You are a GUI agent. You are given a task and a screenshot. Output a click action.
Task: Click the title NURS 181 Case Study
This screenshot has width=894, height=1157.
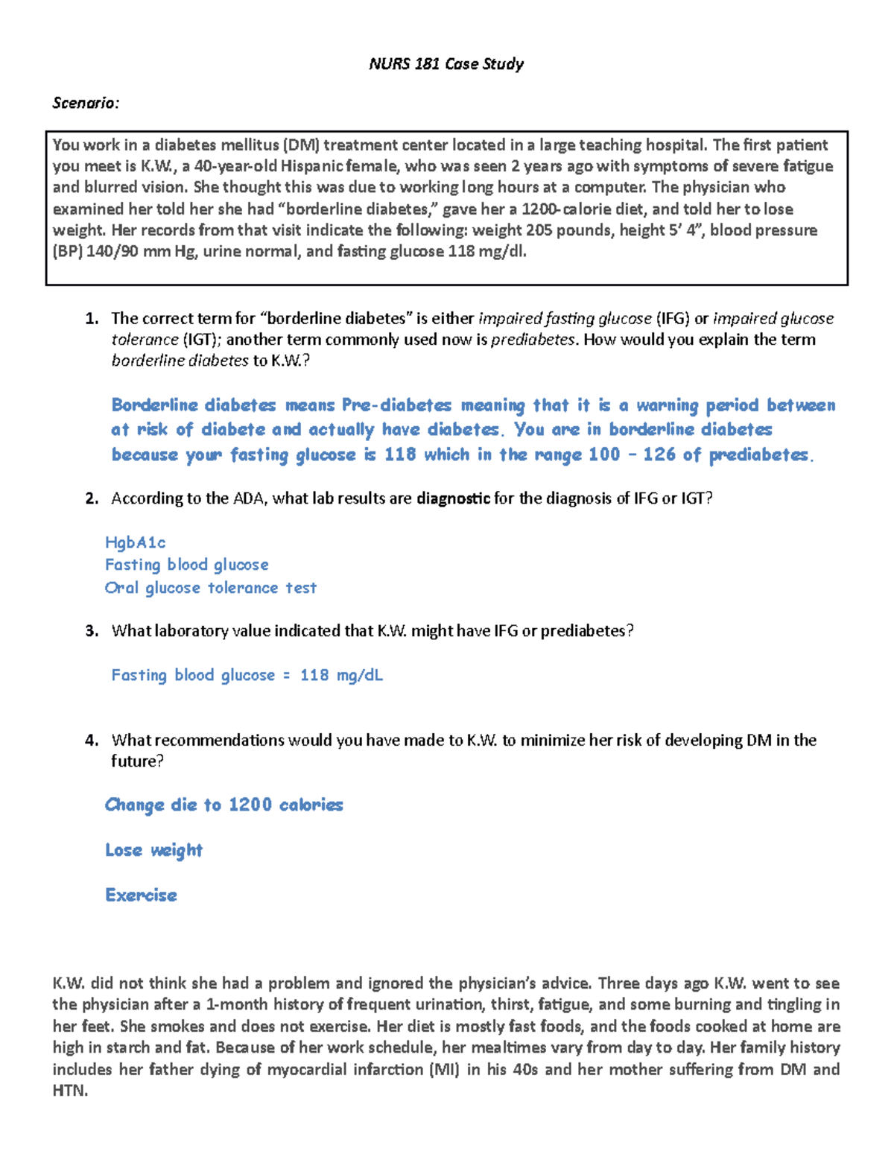tap(446, 64)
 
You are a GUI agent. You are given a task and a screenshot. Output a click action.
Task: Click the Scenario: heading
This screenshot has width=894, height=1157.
tap(85, 103)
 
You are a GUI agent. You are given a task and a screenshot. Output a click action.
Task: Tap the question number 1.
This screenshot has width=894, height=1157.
tap(92, 319)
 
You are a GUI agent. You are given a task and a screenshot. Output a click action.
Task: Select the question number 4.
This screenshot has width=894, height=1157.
tap(92, 741)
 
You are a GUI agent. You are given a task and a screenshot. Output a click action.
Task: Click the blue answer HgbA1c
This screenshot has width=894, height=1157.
tap(135, 542)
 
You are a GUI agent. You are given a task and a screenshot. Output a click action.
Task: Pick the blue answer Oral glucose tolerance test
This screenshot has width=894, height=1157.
tap(210, 588)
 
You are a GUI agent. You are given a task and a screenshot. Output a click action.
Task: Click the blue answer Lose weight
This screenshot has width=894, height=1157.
tap(153, 850)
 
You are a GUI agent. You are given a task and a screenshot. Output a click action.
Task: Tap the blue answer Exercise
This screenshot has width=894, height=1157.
tap(141, 895)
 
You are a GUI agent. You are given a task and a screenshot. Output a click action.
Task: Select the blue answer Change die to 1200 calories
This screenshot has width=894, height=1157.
tap(223, 805)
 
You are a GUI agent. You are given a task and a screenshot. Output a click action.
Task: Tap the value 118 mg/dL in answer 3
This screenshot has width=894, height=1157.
tap(341, 675)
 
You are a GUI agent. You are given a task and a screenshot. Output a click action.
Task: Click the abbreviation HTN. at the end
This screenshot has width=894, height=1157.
tap(70, 1091)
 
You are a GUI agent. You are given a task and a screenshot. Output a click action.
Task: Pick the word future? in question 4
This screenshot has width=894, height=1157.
tap(137, 761)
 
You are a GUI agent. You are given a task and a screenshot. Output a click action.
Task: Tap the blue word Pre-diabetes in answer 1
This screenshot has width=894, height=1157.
tap(396, 405)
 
